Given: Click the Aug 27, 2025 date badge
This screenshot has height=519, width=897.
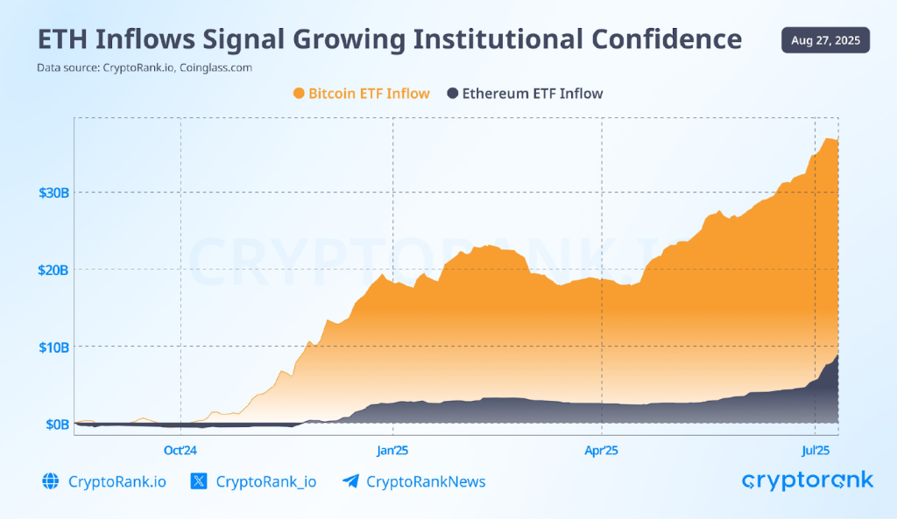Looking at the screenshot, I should point(825,40).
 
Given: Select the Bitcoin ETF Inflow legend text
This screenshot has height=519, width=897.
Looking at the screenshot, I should point(369,94).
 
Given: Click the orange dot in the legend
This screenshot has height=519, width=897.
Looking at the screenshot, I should point(299,94).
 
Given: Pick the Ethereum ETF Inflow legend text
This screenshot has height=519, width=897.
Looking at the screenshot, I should point(533,94).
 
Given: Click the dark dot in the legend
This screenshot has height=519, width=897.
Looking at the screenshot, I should point(453,94).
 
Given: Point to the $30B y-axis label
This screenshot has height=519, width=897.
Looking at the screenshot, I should point(53,192).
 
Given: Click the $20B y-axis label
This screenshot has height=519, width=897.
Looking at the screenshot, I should point(53,270).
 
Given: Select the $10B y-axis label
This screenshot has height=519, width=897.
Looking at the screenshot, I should point(53,347).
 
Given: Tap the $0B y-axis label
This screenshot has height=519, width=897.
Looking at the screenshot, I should point(57,424).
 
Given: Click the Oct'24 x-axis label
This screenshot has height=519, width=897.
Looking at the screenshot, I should point(180,451).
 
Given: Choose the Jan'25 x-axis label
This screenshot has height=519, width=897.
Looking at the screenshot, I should point(392,451).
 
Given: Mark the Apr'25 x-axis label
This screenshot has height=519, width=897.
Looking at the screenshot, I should point(602,451).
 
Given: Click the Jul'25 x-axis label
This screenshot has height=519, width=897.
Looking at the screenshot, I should point(816,451).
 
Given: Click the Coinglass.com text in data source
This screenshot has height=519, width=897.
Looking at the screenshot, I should point(215,67).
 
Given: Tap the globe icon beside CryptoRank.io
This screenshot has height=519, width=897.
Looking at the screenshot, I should point(50,481).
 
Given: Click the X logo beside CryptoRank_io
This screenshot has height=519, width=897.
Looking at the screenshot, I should point(199,481).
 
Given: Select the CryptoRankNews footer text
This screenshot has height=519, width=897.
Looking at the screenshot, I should point(426,481).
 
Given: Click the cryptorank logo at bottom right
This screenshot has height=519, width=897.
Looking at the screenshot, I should point(807,480).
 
